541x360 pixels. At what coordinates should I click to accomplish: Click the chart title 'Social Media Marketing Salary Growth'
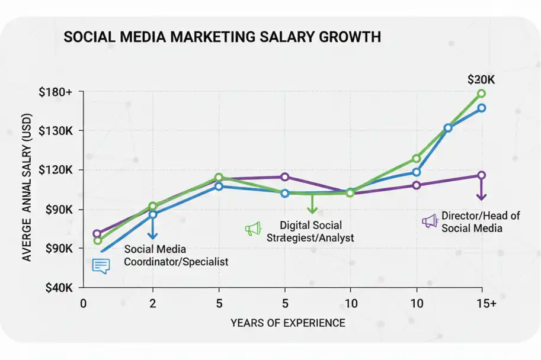221,37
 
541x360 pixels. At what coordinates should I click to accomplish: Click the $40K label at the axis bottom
58,287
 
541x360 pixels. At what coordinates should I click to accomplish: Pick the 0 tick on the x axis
83,303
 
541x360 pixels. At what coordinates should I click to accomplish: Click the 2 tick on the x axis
153,303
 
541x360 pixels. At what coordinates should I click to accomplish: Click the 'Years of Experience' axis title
287,323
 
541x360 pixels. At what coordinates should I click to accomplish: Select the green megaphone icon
253,229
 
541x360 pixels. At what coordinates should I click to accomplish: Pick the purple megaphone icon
429,221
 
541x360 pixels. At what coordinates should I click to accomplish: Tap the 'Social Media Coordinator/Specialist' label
175,255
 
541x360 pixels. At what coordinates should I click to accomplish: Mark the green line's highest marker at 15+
481,94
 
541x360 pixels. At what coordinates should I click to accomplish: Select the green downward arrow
312,204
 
